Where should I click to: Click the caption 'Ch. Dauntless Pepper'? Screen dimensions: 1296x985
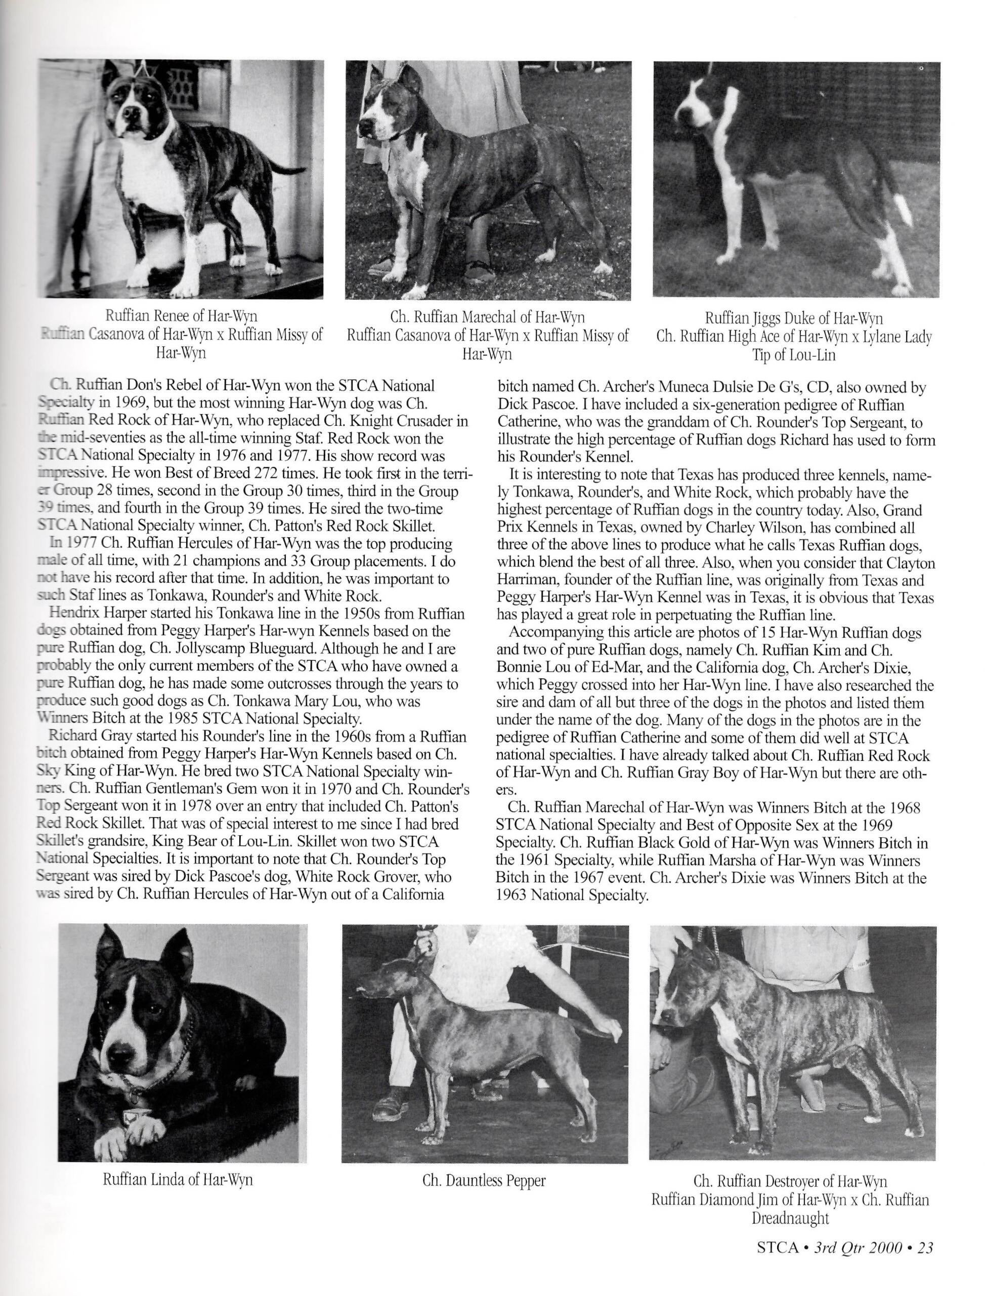tap(484, 1181)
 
